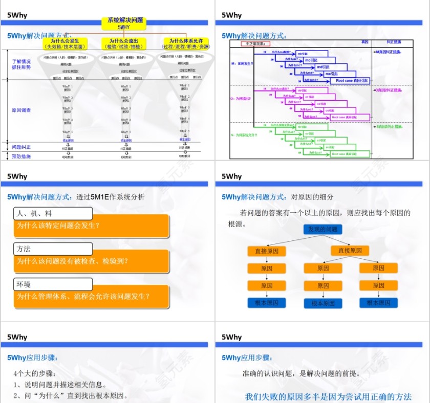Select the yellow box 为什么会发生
(x=64, y=43)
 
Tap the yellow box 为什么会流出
(x=124, y=43)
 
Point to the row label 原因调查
(x=21, y=110)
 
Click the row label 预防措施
(x=21, y=156)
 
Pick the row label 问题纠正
(x=21, y=147)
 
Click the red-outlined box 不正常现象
(x=255, y=44)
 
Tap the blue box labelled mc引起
(x=311, y=60)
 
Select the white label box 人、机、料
(x=53, y=214)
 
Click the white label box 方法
(x=53, y=249)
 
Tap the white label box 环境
(x=53, y=284)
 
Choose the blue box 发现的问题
(x=322, y=230)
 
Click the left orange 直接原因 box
(x=266, y=251)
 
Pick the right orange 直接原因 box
(x=350, y=251)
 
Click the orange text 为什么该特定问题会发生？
(x=58, y=226)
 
